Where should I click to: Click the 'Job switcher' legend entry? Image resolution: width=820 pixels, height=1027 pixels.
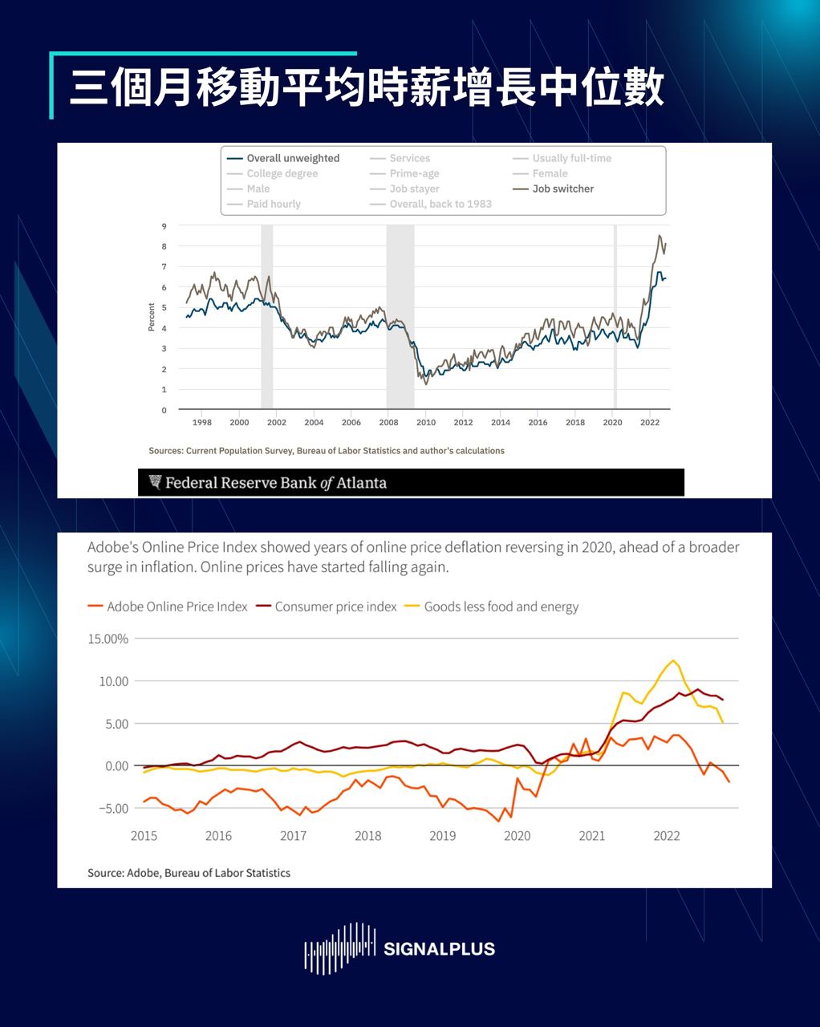(x=562, y=189)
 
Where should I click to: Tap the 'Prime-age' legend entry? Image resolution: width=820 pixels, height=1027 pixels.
(x=414, y=173)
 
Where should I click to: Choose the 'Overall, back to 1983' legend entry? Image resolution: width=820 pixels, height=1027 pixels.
(x=440, y=204)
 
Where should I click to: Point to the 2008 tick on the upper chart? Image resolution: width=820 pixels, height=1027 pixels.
(x=388, y=422)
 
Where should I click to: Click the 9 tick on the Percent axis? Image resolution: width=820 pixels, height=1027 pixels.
(x=164, y=225)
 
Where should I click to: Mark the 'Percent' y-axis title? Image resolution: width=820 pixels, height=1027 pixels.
(x=151, y=318)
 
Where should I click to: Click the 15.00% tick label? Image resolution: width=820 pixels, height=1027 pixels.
(x=108, y=639)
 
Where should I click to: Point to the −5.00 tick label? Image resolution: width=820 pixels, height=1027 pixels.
(x=113, y=808)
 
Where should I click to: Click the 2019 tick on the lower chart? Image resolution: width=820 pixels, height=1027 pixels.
(x=442, y=835)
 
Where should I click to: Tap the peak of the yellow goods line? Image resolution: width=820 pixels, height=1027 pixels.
(x=674, y=660)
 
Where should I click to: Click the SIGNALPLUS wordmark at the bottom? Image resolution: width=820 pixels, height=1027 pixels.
(x=439, y=949)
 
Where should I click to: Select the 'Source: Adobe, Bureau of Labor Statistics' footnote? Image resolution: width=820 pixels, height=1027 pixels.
(x=189, y=873)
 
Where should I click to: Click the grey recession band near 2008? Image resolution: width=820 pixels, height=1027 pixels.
(x=400, y=317)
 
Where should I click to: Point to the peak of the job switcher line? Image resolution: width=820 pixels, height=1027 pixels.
(x=660, y=236)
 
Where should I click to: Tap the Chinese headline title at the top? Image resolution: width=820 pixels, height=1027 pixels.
(x=367, y=88)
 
